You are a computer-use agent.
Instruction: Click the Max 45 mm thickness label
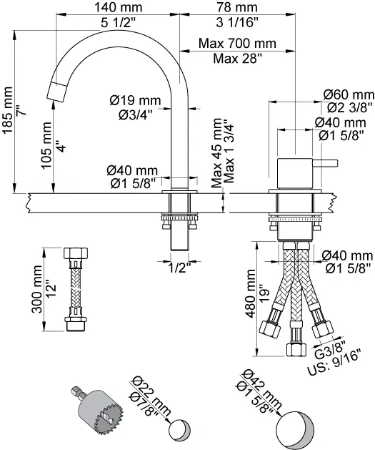click(216, 153)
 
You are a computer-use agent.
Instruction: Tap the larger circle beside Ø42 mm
click(296, 428)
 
